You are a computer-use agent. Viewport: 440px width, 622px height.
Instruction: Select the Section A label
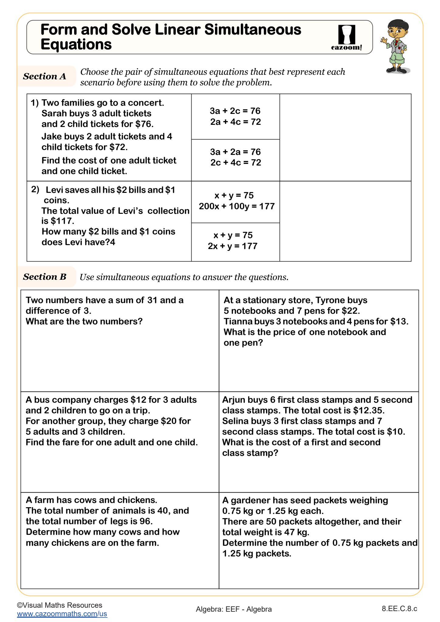click(45, 76)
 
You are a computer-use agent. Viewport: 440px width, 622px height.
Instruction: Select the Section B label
click(45, 277)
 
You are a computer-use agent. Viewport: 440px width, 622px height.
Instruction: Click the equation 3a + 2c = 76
click(235, 111)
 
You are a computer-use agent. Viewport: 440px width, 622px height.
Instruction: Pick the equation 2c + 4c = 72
click(236, 162)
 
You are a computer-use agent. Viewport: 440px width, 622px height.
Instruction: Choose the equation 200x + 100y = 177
click(237, 206)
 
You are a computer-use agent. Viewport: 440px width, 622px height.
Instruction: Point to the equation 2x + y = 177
click(233, 246)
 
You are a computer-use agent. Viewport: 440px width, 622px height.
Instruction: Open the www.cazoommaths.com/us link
click(62, 613)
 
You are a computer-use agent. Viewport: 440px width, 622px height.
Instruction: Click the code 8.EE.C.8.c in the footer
click(399, 609)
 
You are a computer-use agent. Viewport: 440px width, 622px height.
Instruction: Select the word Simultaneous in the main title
click(253, 30)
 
